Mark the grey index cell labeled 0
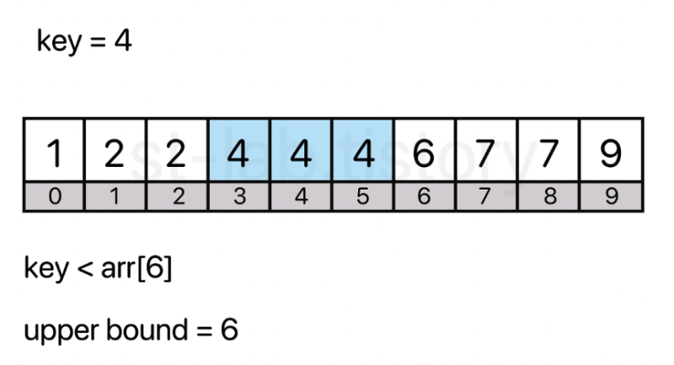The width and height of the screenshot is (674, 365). [54, 196]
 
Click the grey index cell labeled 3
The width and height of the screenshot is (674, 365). [239, 196]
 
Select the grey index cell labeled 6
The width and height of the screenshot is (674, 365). [424, 196]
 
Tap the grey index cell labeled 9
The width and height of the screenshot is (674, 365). [612, 196]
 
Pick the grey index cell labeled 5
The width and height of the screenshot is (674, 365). [362, 196]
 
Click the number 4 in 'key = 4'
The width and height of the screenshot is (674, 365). [123, 41]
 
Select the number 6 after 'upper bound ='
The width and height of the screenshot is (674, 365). [228, 329]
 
